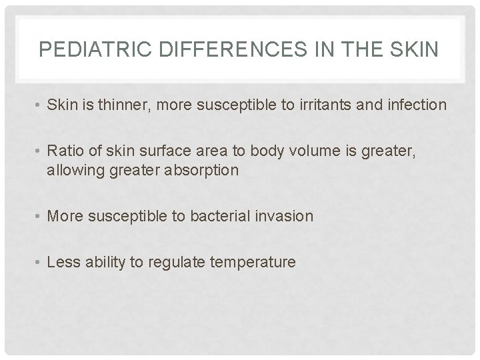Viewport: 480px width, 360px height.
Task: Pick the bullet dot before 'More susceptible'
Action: point(39,216)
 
